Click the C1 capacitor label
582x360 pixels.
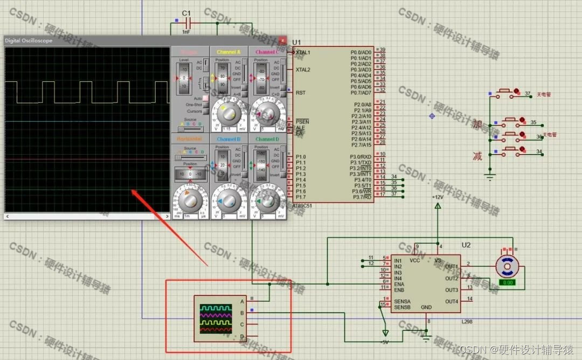(x=186, y=13)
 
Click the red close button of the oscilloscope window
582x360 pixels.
(x=283, y=40)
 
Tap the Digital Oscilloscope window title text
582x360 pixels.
(x=29, y=41)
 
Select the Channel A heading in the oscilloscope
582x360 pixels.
(x=228, y=52)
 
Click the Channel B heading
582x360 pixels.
(x=228, y=139)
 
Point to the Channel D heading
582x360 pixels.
(x=267, y=139)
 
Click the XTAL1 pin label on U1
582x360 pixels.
(x=303, y=52)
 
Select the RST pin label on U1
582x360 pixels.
(x=300, y=93)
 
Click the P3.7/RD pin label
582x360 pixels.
(x=362, y=197)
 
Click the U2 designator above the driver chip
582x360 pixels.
(x=466, y=246)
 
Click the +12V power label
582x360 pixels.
(x=438, y=197)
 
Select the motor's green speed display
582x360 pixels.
(x=507, y=282)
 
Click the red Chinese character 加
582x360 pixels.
(x=477, y=124)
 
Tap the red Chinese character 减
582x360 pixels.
(x=477, y=156)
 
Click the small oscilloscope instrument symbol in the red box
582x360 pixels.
(x=216, y=319)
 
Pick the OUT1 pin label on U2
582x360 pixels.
(x=452, y=267)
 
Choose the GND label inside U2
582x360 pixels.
(x=426, y=307)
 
